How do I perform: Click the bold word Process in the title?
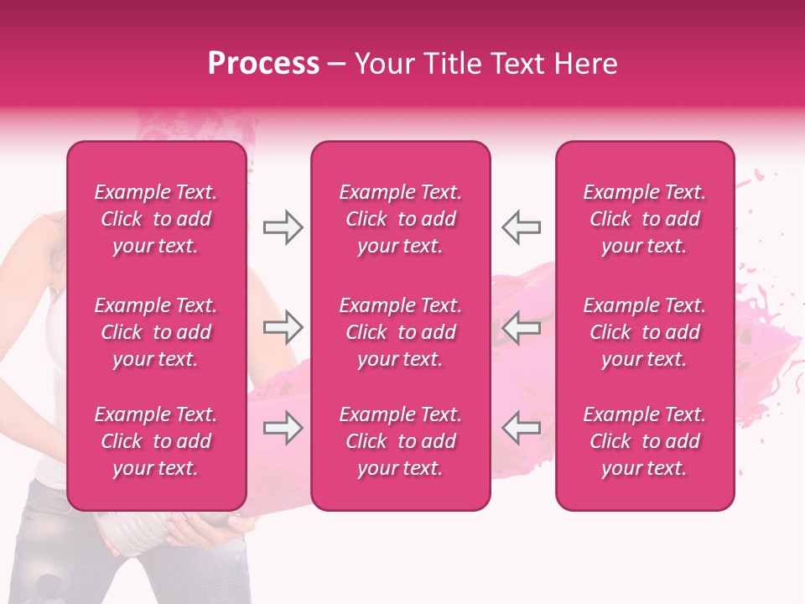pos(263,64)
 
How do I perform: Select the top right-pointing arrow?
pos(283,227)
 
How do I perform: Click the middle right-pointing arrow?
pos(283,328)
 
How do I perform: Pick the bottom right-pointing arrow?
pos(283,429)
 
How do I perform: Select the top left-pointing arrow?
pos(522,227)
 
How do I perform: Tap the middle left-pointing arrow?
pos(522,328)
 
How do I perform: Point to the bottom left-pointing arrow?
pos(522,429)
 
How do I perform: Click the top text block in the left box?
pos(156,219)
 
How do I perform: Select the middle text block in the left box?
pos(156,332)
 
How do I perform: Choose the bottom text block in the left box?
pos(156,441)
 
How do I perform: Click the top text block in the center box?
pos(401,219)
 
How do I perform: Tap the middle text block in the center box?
pos(401,332)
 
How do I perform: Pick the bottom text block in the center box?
pos(401,441)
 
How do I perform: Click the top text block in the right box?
pos(645,219)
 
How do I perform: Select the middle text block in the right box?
pos(645,332)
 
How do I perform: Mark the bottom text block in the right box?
pos(645,441)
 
